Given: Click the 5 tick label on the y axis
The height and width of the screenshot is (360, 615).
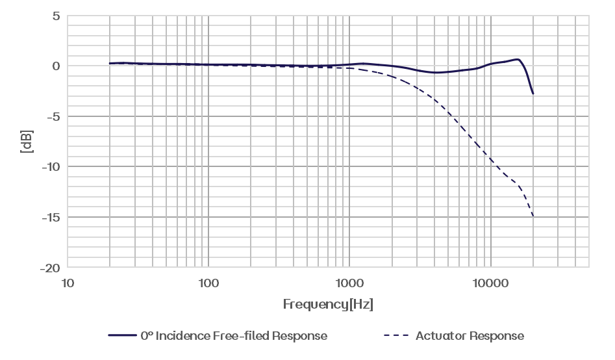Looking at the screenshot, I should coord(56,16).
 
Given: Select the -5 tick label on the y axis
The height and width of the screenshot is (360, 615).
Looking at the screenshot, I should coord(52,117).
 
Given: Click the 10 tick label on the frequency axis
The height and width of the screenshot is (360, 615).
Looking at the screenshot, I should coord(67,283).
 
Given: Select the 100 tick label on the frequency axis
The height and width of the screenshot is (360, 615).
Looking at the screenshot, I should coord(208,283).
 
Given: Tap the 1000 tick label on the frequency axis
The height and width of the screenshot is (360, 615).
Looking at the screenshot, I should coord(349,283).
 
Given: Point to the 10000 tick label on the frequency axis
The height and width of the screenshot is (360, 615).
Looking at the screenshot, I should coord(490,283).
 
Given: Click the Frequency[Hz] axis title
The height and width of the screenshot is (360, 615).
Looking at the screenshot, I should coord(328,305).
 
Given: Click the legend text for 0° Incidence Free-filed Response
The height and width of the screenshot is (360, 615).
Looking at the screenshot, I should coord(234,336).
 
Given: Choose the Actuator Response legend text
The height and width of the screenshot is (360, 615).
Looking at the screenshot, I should coord(470,336).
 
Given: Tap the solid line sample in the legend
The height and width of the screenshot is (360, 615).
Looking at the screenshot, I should coord(122,336).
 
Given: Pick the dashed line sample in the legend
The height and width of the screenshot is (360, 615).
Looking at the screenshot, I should coord(396,336).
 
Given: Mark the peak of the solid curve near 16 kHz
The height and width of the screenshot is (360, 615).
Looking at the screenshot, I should coord(519,59).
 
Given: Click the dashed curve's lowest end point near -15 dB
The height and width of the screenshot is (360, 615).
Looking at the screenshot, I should coord(533,216).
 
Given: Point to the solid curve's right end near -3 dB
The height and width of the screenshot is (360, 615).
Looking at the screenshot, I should coord(533,95).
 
